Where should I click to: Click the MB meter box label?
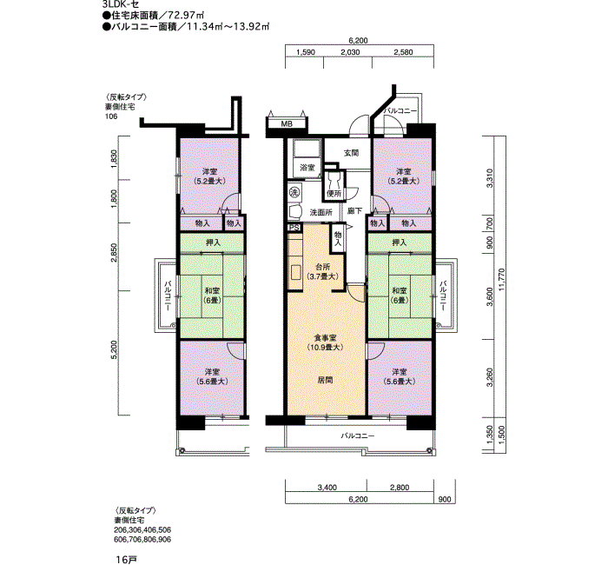click(287, 124)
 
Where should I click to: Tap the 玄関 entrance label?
click(351, 153)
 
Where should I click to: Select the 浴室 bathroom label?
click(307, 168)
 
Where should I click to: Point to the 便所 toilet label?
click(334, 193)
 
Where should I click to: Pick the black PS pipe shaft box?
click(294, 228)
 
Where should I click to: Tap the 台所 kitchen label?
click(323, 267)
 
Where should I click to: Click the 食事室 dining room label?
click(325, 338)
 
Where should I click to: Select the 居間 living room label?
click(325, 380)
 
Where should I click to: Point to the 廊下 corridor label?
click(354, 211)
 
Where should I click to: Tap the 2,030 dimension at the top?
click(350, 52)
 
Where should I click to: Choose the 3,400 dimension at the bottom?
click(327, 488)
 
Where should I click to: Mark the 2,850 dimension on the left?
click(114, 253)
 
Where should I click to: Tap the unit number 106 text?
click(111, 116)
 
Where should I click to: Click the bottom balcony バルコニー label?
click(358, 435)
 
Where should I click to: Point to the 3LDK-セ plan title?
click(121, 4)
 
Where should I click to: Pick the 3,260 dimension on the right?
click(490, 377)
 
